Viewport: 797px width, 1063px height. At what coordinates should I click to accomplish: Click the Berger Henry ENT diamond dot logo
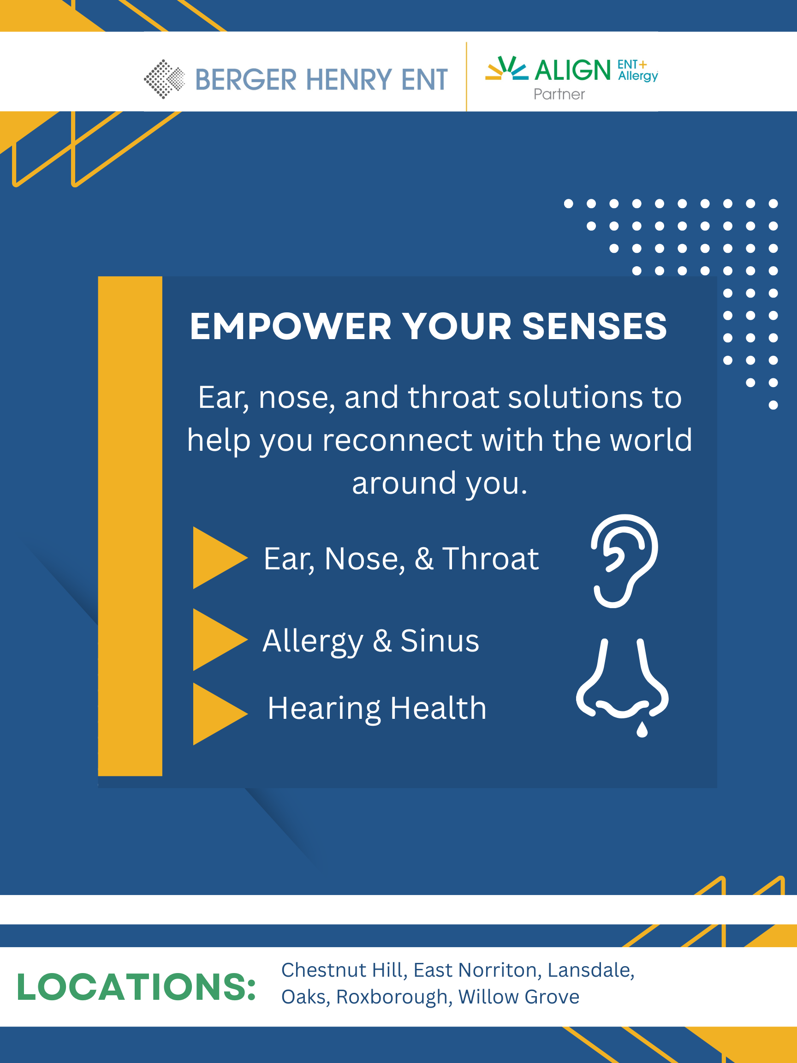coord(164,79)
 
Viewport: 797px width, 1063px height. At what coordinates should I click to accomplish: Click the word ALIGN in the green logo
coord(573,70)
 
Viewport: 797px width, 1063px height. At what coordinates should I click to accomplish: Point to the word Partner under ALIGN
coord(559,94)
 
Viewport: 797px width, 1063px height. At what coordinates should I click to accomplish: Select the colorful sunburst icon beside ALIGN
coord(506,68)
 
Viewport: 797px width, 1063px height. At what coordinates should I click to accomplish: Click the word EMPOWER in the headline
coord(291,326)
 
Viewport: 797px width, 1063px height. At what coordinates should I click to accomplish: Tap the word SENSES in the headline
coord(594,326)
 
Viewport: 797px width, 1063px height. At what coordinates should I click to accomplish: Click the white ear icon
coord(624,561)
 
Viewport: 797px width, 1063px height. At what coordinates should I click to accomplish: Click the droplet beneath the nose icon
coord(642,729)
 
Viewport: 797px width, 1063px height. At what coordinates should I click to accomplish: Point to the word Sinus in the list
coord(440,640)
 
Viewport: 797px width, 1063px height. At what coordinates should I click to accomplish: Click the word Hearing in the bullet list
coord(325,709)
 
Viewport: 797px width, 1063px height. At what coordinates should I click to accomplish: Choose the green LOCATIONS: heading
coord(137,987)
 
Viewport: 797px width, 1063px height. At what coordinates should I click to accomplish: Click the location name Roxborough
coord(394,997)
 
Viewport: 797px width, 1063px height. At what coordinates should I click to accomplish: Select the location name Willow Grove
coord(519,997)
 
